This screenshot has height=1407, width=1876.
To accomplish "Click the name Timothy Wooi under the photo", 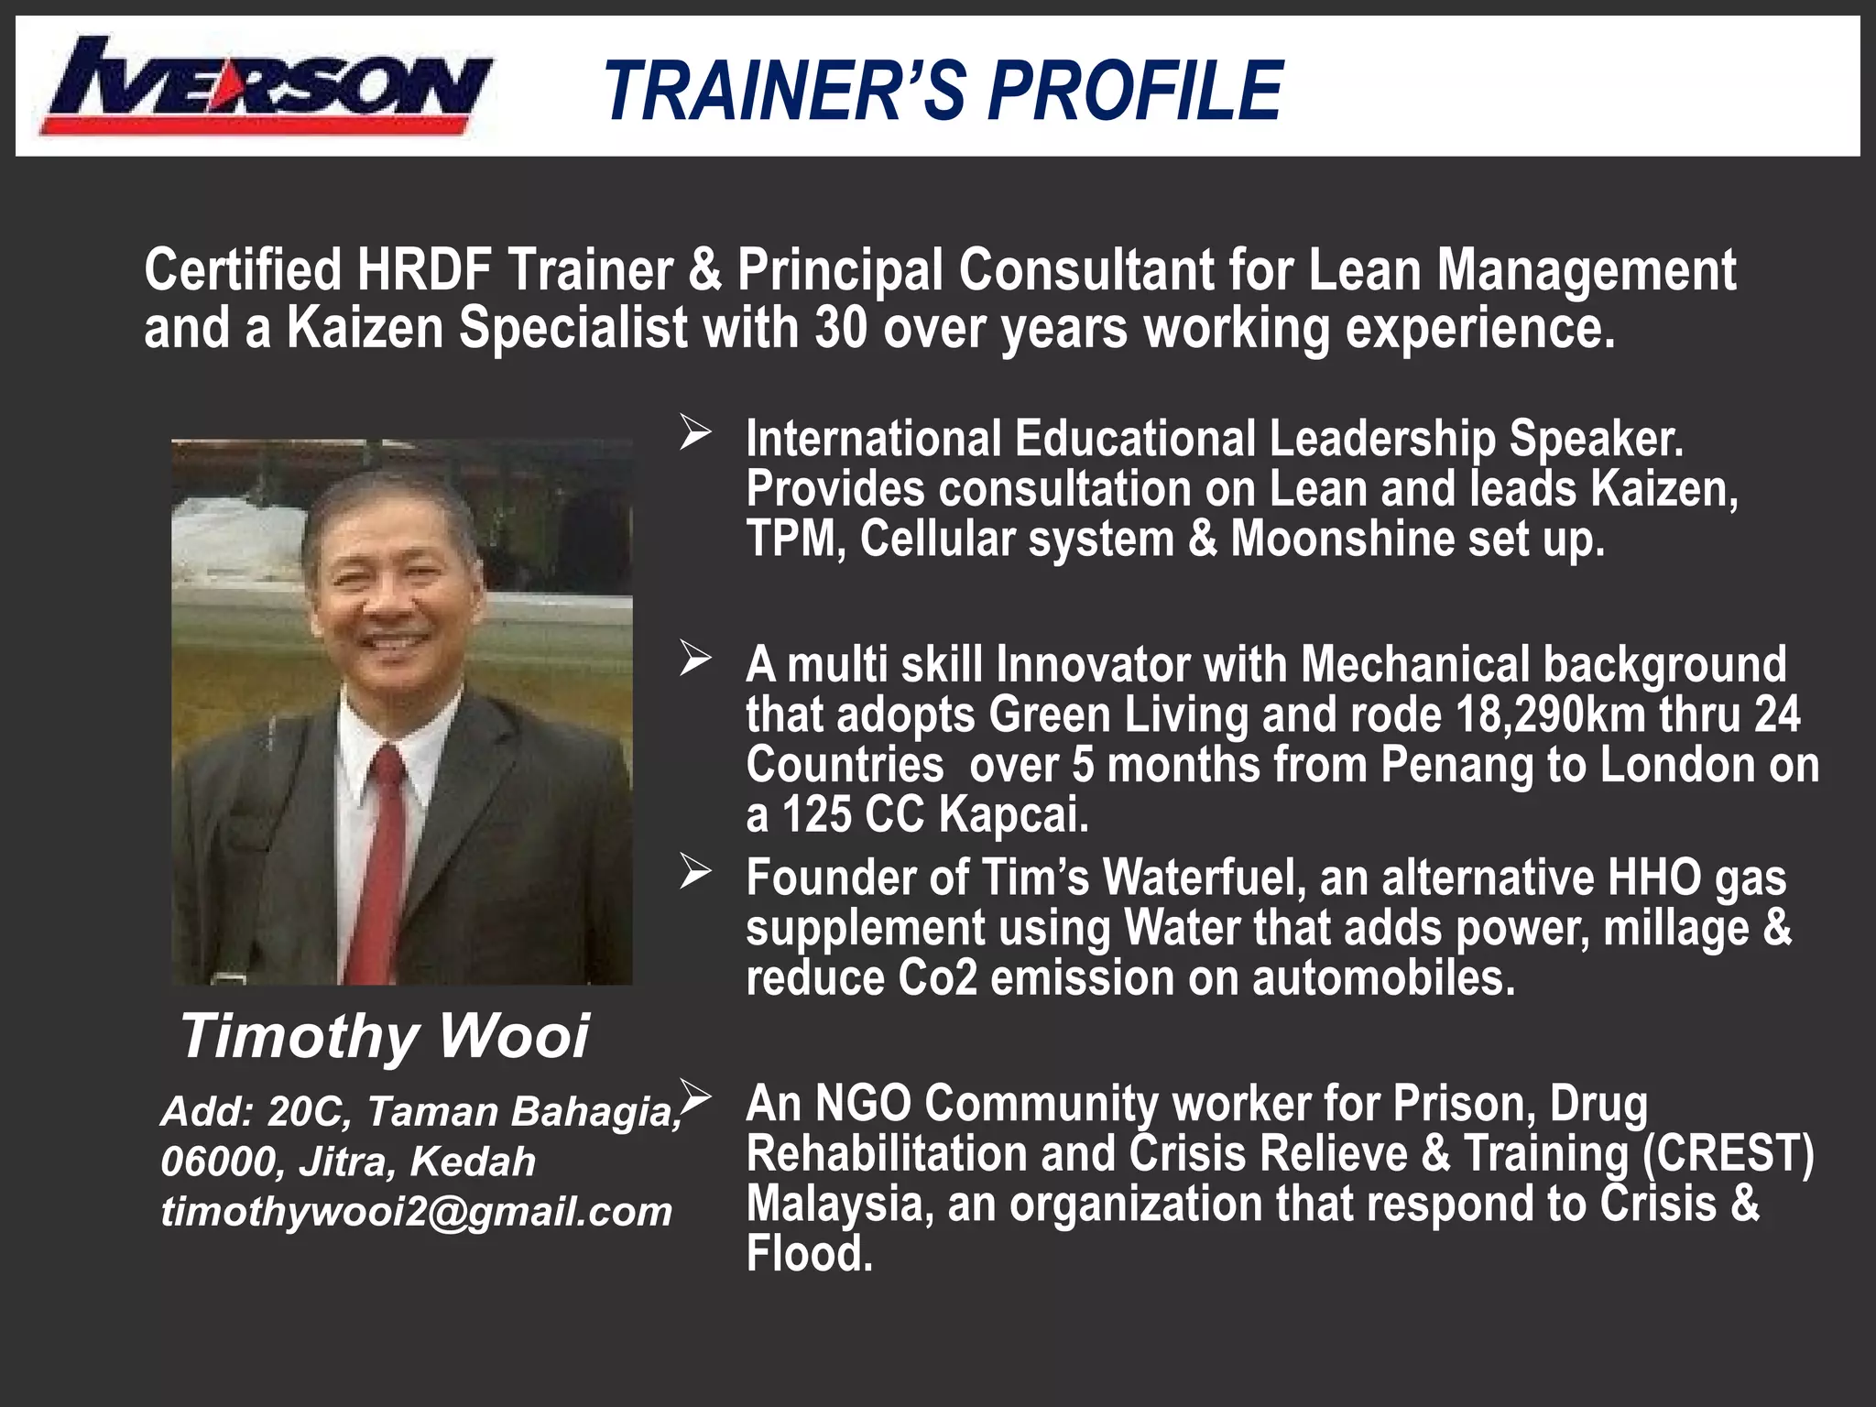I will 385,1036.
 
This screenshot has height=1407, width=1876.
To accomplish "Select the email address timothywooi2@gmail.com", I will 417,1212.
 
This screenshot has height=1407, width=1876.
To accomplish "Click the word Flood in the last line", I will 809,1252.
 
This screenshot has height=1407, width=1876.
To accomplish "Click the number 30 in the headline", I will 840,328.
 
